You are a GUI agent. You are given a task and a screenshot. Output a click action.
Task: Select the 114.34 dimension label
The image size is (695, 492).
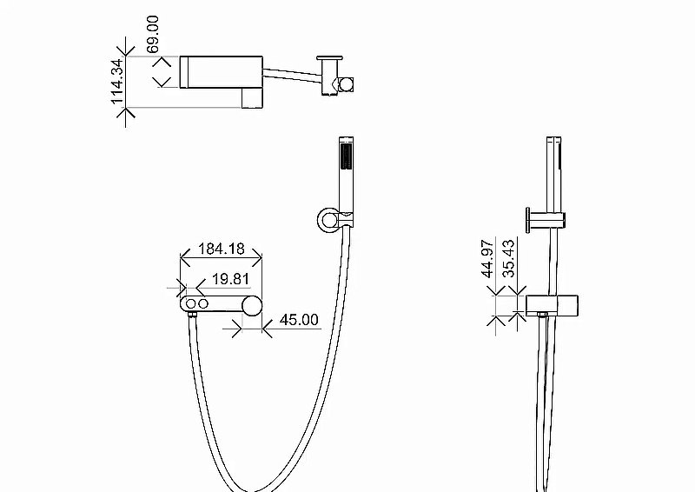119,83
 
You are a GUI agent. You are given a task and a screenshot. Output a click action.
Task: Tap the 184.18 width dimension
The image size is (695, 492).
221,249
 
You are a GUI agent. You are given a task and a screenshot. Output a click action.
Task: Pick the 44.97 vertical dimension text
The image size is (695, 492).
488,259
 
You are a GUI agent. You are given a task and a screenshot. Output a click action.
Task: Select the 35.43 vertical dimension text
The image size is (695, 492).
510,259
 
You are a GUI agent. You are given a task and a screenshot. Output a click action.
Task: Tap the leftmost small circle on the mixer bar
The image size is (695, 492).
190,304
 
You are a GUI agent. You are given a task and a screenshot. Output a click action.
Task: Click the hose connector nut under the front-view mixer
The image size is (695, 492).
191,320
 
